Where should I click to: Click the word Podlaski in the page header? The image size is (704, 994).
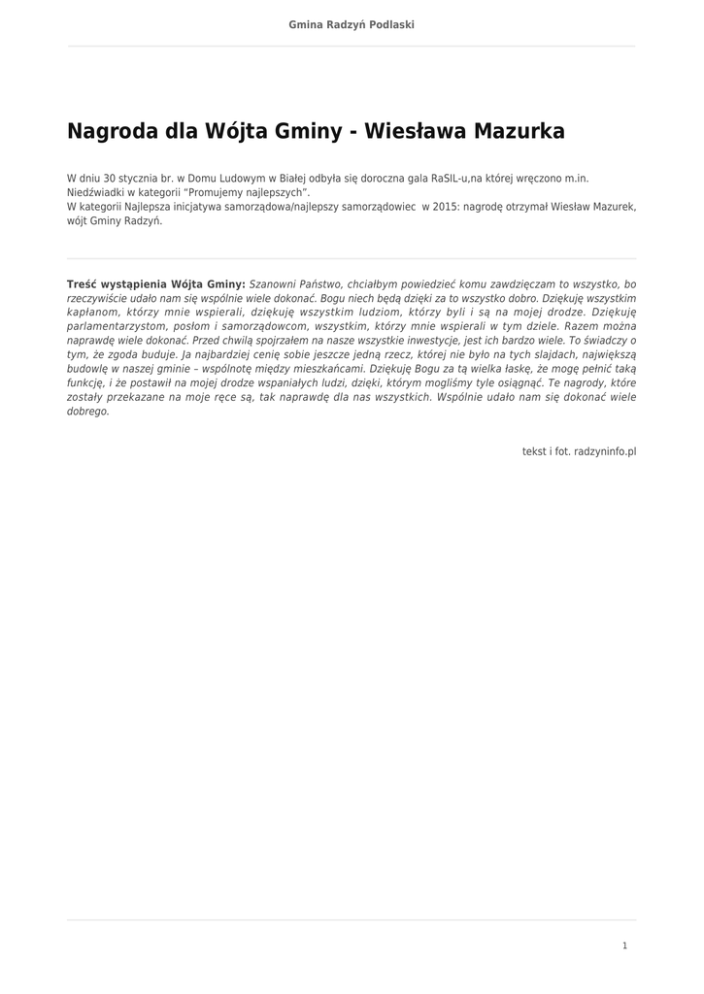point(388,24)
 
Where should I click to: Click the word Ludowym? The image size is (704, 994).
point(242,179)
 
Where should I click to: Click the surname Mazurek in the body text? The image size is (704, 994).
point(612,207)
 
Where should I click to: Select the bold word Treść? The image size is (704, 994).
point(84,284)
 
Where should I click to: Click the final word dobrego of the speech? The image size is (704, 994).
point(88,412)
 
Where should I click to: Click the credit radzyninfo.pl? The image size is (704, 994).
point(605,451)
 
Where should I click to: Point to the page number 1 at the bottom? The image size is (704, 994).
point(625,945)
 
